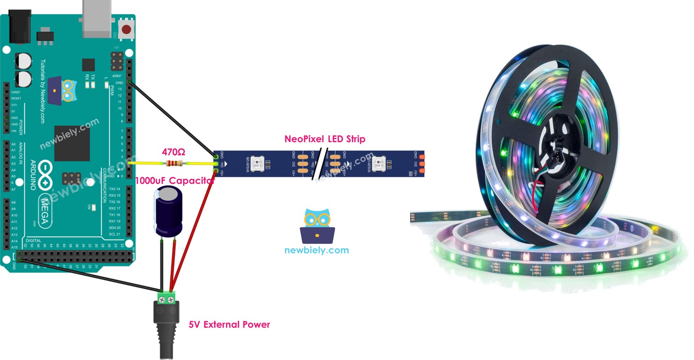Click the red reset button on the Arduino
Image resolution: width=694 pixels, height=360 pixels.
point(126,30)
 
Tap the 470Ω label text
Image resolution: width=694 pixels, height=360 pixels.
point(174,152)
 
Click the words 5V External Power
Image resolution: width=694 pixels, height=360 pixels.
point(229,324)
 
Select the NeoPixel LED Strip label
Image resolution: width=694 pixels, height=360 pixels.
point(325,139)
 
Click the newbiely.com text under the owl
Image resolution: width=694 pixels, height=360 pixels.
point(317,250)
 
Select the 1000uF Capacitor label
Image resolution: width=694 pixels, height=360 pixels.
point(175,181)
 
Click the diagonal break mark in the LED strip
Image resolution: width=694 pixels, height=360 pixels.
point(323,164)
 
